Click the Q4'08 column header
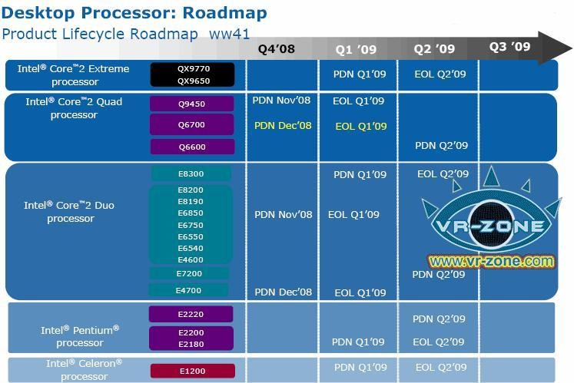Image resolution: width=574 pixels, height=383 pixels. coord(277,48)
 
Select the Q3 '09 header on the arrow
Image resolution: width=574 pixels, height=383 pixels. coord(510,47)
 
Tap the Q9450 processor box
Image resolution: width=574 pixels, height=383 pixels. coord(192,104)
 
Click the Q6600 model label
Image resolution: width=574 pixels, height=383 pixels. coord(192,147)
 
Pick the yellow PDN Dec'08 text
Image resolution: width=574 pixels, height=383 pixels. coord(283,125)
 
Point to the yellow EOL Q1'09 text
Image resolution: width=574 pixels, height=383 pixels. coord(361,126)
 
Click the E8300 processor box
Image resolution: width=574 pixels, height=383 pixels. coord(191,173)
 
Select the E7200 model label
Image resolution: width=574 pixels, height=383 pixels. coord(189,273)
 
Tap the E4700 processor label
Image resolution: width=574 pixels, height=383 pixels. coord(188,290)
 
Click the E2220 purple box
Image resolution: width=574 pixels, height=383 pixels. coord(191,314)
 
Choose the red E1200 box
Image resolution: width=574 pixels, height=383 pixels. coord(193,371)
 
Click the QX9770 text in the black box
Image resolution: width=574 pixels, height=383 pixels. coord(194,68)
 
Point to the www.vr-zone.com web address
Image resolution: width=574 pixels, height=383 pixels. coord(491,261)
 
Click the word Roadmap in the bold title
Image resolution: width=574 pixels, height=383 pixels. coord(225,13)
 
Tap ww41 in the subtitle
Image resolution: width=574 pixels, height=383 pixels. coord(229,34)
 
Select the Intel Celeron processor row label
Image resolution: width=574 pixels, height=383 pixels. coord(85,370)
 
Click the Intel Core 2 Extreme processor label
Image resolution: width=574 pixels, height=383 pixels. coord(74,75)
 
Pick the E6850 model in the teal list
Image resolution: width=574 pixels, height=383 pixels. coord(191,213)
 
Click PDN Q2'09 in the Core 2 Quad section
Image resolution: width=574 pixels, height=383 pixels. coord(442,146)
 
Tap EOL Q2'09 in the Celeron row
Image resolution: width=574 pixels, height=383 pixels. coord(441,368)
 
